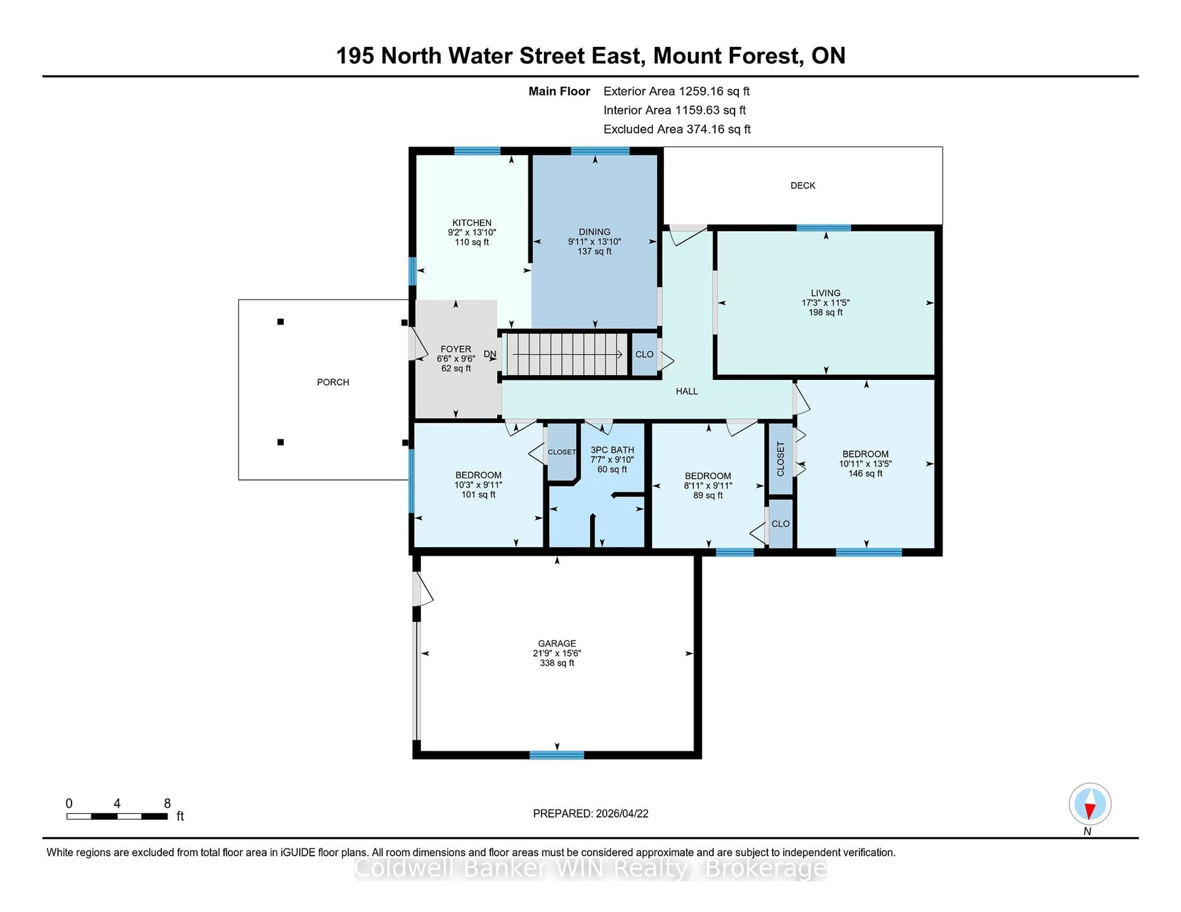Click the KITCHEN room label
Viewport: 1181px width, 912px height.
[x=471, y=222]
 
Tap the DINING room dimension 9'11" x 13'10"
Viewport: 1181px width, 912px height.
[x=594, y=242]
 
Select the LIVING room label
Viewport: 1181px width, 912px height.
[x=825, y=293]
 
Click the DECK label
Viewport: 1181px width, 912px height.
[x=802, y=185]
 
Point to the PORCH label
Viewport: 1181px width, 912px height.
[x=332, y=382]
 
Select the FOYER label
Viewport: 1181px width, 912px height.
[x=455, y=349]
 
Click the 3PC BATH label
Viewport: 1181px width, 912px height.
[x=612, y=450]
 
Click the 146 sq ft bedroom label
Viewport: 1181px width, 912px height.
[x=865, y=473]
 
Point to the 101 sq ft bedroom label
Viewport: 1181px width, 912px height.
[x=478, y=494]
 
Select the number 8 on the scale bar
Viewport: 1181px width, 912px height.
[x=167, y=804]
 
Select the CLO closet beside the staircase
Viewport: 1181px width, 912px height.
[x=644, y=354]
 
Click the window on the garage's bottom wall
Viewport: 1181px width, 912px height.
[x=556, y=755]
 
